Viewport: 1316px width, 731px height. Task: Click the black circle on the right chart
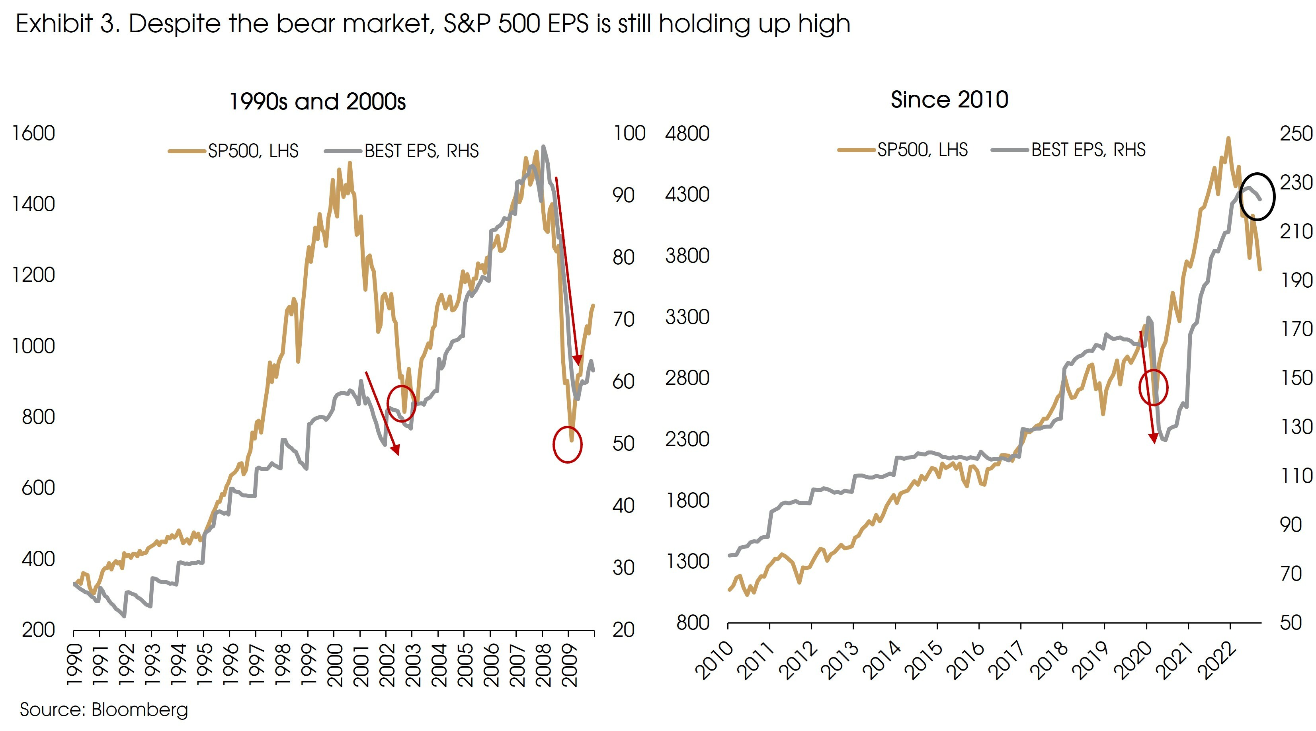coord(1257,197)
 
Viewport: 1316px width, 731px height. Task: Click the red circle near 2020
coord(1154,387)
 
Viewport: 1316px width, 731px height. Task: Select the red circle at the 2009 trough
coord(568,444)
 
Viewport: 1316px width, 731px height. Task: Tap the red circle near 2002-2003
coord(402,404)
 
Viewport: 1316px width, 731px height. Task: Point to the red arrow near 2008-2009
coord(567,271)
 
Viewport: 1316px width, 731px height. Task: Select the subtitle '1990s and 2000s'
coord(317,101)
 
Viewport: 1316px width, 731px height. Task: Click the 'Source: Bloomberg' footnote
coord(104,710)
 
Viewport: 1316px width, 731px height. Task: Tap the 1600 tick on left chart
coord(33,133)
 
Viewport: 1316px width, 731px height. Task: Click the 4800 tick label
coord(687,133)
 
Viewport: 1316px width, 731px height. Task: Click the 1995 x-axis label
coord(204,665)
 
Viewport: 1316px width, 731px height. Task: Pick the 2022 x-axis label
coord(1219,660)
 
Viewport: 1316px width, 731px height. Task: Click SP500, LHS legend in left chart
coord(253,151)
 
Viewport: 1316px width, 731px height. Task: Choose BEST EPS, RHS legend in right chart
coord(1088,150)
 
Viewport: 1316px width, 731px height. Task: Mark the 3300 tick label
coord(687,317)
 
